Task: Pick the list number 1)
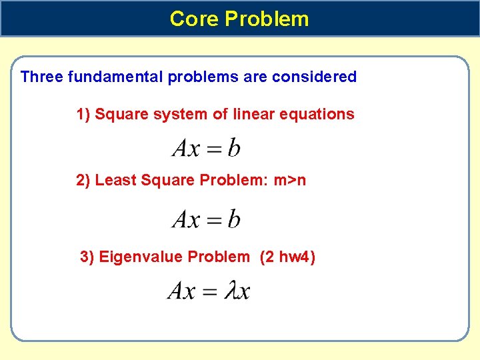click(83, 114)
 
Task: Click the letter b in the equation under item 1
click(234, 148)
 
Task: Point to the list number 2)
click(83, 180)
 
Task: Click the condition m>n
click(290, 180)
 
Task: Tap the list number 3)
click(87, 257)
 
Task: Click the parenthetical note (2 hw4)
click(287, 257)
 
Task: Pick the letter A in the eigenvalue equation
click(177, 291)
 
